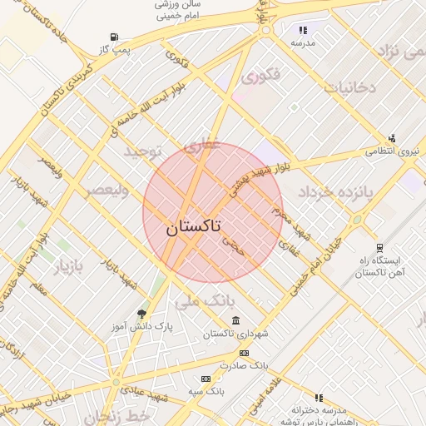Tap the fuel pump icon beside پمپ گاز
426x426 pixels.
tap(113, 37)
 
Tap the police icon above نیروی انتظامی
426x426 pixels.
tap(392, 138)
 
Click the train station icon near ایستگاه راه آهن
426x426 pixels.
tap(379, 248)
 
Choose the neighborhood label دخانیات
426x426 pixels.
tap(350, 87)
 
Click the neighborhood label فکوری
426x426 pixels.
tap(260, 78)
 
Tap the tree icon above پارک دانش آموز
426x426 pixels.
tap(141, 314)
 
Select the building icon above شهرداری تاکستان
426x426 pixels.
tap(236, 321)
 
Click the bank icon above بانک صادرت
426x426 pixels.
tap(244, 353)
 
